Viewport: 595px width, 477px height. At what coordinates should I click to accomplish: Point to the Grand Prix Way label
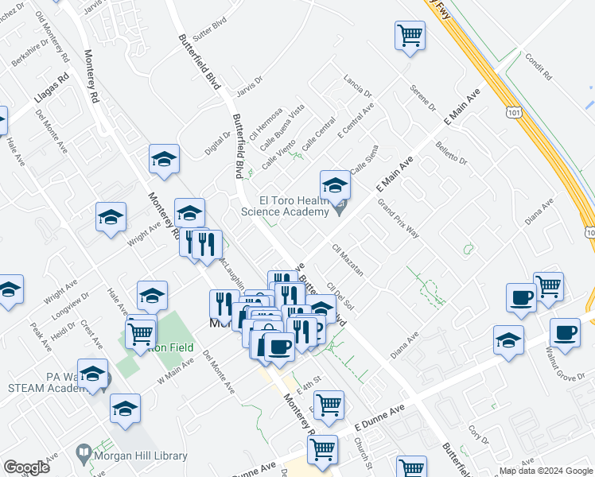[398, 219]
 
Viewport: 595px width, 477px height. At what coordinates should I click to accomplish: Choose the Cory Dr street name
[478, 434]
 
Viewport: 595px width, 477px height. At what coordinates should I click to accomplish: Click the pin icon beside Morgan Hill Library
[84, 455]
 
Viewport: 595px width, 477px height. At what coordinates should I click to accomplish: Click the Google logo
[27, 467]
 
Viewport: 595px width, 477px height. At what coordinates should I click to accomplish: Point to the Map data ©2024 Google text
[545, 471]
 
